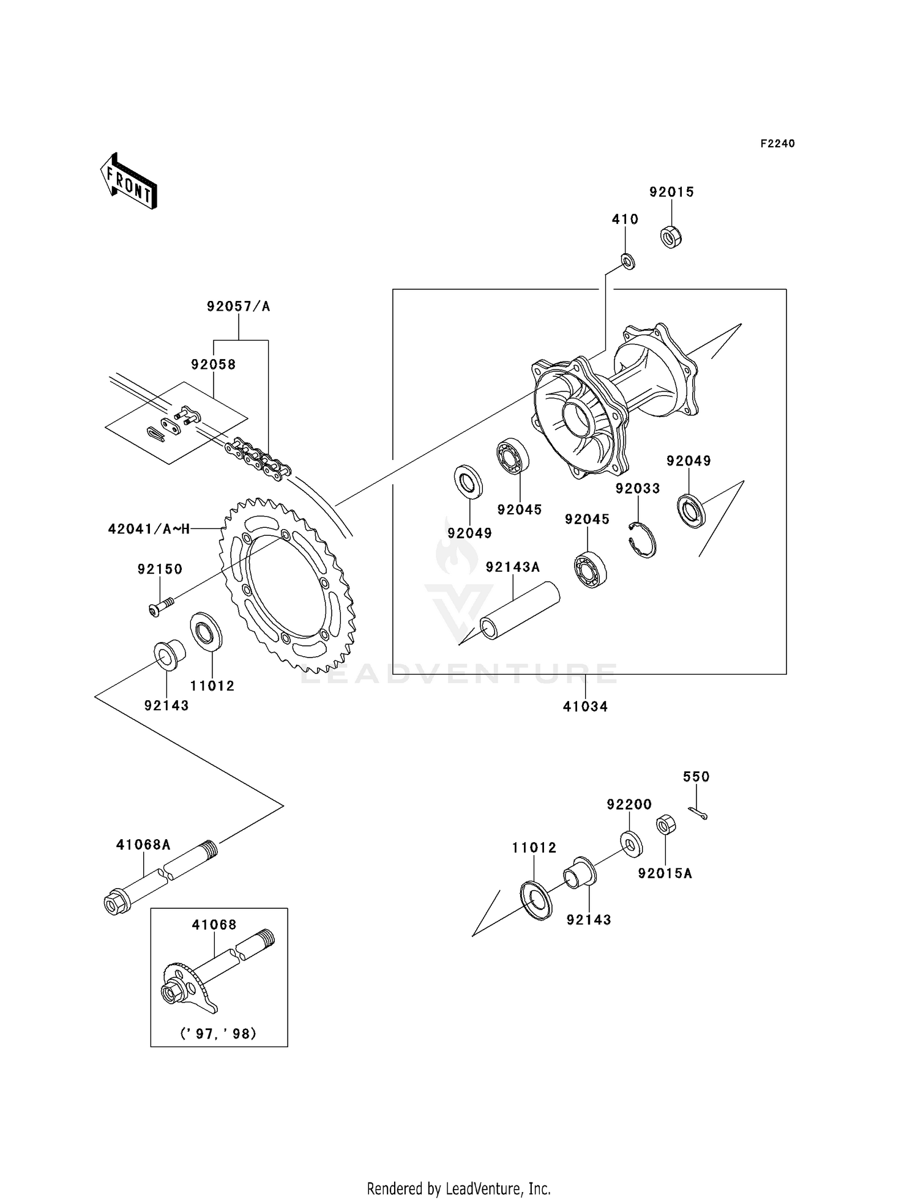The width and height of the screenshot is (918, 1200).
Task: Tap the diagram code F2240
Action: click(777, 144)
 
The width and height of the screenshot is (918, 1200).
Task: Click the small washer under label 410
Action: click(628, 262)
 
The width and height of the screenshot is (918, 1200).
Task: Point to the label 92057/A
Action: click(238, 306)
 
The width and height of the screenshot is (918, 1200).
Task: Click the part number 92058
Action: click(213, 365)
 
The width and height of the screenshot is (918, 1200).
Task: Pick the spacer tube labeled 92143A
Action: click(519, 612)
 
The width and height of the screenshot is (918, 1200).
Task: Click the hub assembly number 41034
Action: click(585, 706)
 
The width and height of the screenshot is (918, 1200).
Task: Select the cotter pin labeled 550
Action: click(698, 813)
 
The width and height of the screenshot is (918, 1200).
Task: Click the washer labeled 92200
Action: click(630, 842)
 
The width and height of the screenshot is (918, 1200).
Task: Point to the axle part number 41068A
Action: click(143, 845)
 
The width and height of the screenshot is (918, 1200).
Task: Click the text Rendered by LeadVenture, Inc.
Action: click(458, 1188)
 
